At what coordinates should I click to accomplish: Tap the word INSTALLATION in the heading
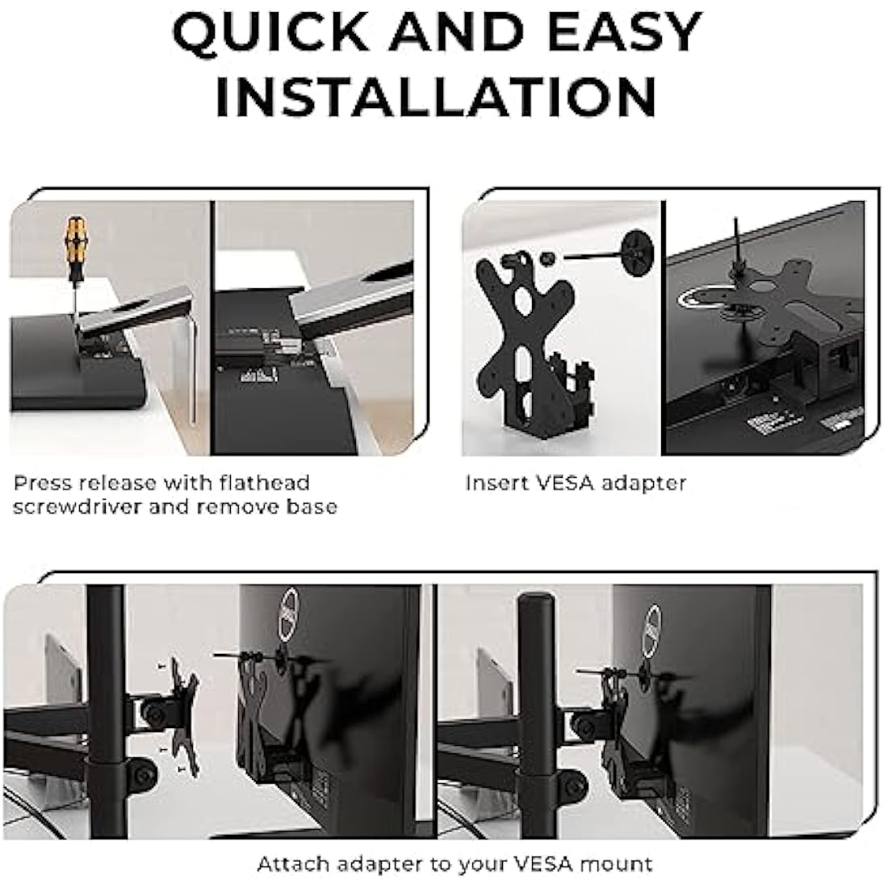(x=435, y=96)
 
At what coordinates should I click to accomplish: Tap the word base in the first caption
(x=310, y=507)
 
